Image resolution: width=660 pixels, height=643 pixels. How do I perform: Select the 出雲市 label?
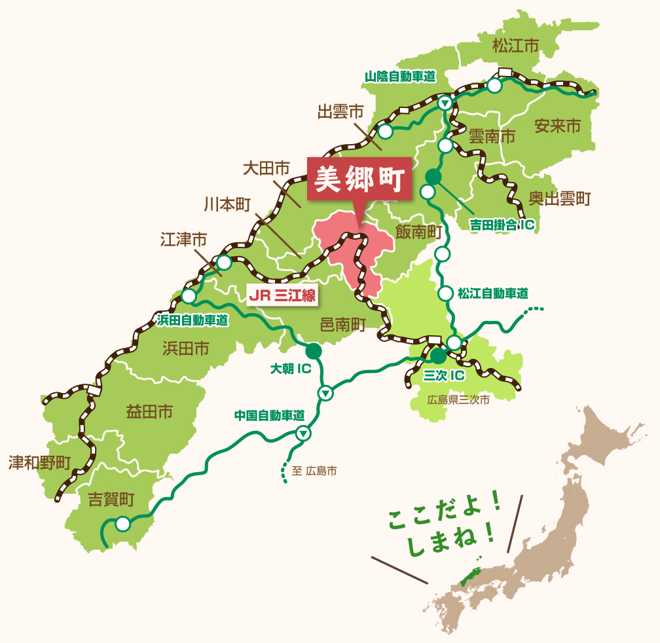click(340, 112)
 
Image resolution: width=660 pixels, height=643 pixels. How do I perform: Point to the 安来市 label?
click(557, 126)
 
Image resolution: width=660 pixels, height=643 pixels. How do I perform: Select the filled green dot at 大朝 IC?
click(314, 351)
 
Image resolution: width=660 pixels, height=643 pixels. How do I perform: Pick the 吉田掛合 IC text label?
click(502, 226)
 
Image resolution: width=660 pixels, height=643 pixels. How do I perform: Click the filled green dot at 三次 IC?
click(438, 356)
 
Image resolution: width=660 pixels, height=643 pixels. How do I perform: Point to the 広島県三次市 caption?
click(458, 399)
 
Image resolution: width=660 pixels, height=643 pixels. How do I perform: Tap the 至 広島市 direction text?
click(314, 470)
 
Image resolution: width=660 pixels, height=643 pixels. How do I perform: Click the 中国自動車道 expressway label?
click(270, 415)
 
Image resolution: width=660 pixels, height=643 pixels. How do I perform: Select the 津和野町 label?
click(39, 463)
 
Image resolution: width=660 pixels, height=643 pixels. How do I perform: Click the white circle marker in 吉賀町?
click(122, 524)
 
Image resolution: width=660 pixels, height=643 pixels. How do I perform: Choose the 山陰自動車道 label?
click(400, 77)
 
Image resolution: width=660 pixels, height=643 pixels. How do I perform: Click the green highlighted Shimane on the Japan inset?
click(469, 574)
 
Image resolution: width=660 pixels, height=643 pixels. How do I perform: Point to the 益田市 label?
click(149, 412)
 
